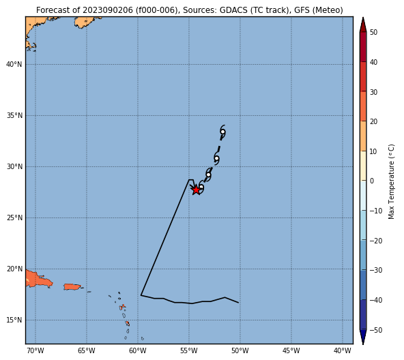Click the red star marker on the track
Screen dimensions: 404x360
197,190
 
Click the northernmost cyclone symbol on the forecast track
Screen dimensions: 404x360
222,132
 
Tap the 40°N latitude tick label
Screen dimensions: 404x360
14,64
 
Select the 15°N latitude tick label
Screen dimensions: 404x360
14,320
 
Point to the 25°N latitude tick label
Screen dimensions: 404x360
14,218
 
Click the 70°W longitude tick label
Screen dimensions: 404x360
35,350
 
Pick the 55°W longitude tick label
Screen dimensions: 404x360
189,350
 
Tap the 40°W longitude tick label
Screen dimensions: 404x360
343,350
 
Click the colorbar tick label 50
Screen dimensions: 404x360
373,32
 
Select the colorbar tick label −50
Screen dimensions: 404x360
376,330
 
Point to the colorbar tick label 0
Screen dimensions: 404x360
372,181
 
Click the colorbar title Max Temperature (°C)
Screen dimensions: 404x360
391,181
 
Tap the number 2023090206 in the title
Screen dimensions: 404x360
108,10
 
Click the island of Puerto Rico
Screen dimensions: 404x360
72,286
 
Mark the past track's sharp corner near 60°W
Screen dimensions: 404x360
141,295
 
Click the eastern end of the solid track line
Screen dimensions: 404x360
238,303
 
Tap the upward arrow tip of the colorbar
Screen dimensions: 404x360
363,18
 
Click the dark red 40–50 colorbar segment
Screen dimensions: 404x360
363,47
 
